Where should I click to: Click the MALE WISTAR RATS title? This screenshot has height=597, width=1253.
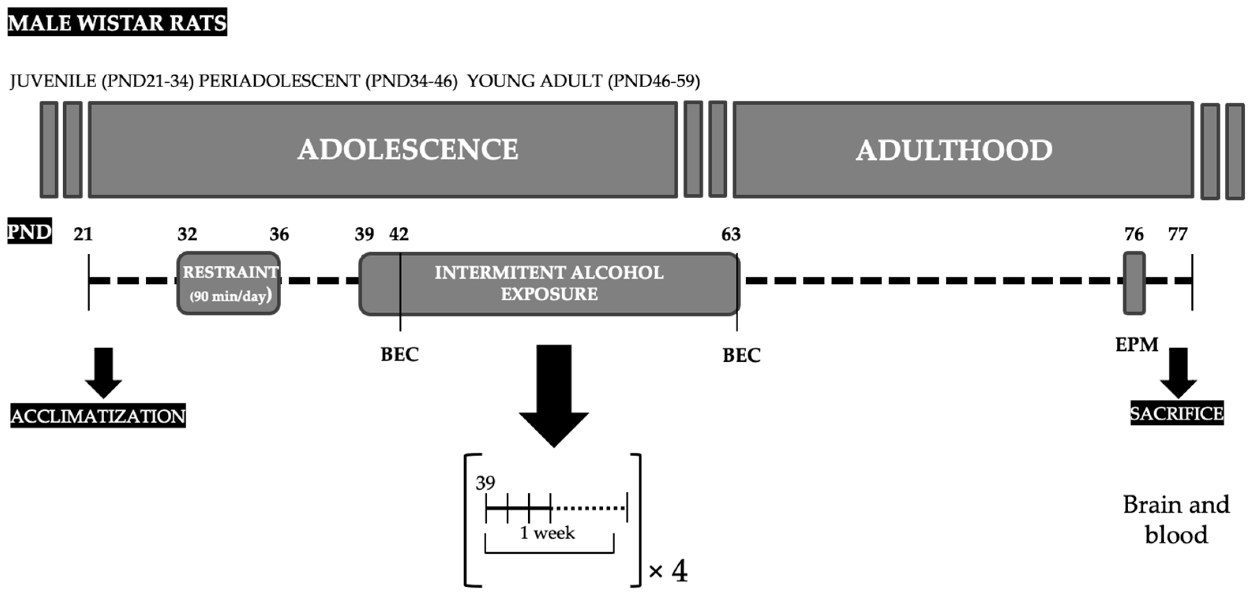(117, 22)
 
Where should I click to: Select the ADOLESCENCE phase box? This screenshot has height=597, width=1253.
(383, 149)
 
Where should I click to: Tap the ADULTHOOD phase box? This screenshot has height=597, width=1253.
(963, 150)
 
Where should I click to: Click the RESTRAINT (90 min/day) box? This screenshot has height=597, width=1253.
(229, 283)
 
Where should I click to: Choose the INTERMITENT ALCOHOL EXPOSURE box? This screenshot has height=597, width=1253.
(549, 283)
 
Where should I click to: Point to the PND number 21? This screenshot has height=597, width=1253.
(83, 234)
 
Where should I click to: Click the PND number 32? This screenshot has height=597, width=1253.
(187, 234)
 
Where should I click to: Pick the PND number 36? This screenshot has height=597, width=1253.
(279, 234)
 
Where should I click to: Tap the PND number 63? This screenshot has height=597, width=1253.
(731, 234)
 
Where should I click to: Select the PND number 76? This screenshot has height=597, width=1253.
(1134, 234)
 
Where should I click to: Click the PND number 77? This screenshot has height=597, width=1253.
(1178, 234)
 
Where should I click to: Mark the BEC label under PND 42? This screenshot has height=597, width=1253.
(400, 354)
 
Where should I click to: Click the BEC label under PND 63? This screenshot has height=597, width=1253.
(741, 356)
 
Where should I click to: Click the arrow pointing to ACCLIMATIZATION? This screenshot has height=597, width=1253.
(103, 372)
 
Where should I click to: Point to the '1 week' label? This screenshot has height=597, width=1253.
(547, 533)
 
